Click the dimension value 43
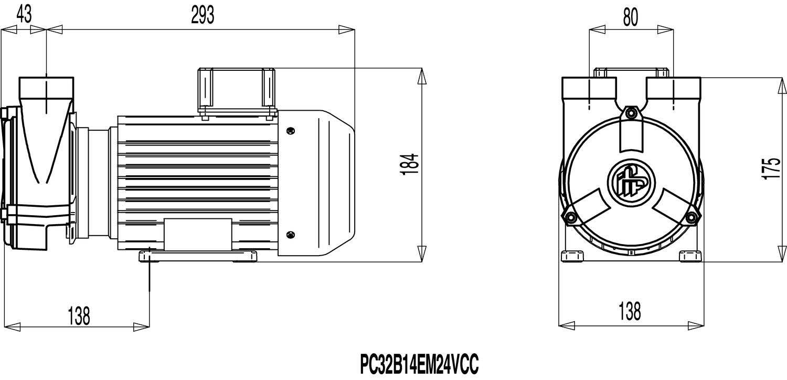click(24, 15)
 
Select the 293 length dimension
click(203, 15)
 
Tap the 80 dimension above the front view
click(631, 17)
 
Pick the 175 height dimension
click(771, 168)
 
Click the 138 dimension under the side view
click(79, 315)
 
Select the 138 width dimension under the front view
click(630, 311)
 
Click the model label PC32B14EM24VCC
click(419, 363)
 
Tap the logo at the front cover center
click(631, 182)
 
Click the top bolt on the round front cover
click(631, 114)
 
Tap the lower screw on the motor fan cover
click(291, 235)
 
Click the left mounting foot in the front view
click(572, 256)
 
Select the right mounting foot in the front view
click(690, 256)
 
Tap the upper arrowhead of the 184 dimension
click(421, 77)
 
